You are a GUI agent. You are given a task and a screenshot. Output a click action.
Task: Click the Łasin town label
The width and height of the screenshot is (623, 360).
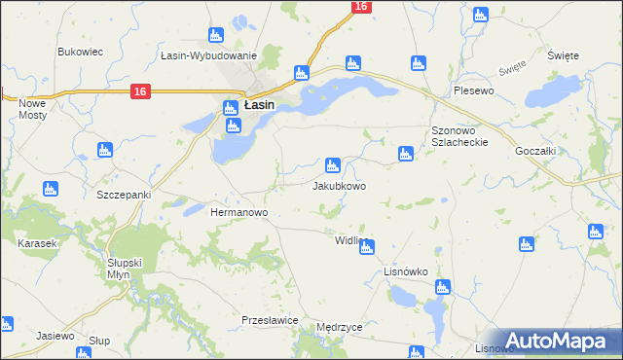(258, 104)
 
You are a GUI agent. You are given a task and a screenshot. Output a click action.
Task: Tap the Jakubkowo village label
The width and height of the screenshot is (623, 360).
(339, 185)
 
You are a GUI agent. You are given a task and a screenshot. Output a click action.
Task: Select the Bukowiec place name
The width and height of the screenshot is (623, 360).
(80, 52)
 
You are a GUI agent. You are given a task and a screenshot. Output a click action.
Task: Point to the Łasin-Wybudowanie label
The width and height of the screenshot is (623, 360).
(208, 56)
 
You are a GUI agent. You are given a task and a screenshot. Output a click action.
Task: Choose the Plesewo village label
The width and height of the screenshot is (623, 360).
(475, 90)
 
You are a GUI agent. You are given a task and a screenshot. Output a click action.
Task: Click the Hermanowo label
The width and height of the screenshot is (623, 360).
(239, 211)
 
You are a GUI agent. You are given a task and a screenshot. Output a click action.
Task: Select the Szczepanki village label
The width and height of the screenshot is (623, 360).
(124, 195)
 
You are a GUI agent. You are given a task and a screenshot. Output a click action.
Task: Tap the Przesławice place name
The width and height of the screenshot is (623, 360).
(269, 319)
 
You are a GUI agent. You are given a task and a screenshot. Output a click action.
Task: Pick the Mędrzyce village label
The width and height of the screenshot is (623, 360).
(339, 327)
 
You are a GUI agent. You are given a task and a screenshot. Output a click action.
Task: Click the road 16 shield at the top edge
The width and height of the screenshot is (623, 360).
(361, 7)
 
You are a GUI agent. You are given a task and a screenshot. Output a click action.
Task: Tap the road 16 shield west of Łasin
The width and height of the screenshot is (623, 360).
(140, 91)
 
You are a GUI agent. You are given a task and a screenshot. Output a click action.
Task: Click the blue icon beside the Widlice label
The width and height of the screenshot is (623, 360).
(366, 247)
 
